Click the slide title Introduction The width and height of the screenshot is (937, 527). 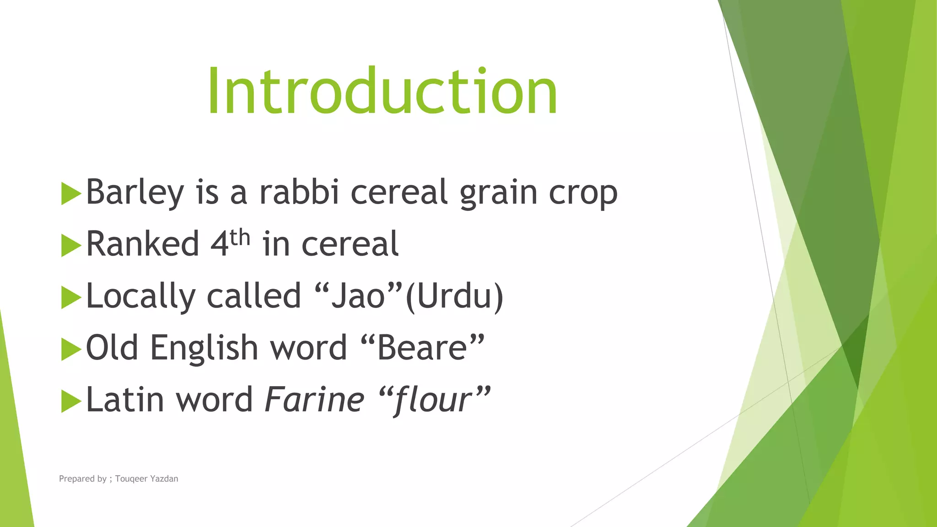point(382,91)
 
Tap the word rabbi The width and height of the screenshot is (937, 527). point(299,192)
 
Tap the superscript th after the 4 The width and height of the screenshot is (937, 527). point(240,237)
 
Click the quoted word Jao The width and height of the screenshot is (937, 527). point(358,296)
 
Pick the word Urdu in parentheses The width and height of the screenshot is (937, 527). point(454,296)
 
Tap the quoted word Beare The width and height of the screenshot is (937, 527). point(422,348)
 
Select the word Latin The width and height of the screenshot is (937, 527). point(125,399)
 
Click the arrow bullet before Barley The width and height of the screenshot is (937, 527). point(70,194)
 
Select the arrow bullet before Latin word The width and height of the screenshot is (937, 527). point(70,401)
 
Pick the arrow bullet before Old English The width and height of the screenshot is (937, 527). point(70,350)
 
